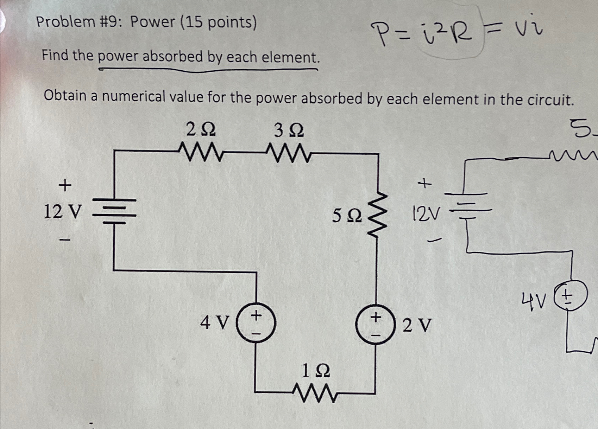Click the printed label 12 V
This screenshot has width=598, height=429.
[x=62, y=212]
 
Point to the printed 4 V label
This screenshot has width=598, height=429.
[x=214, y=322]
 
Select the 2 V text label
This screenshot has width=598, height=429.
[x=416, y=326]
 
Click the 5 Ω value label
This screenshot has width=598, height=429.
[x=347, y=216]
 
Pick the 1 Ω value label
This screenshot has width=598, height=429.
[x=316, y=371]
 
